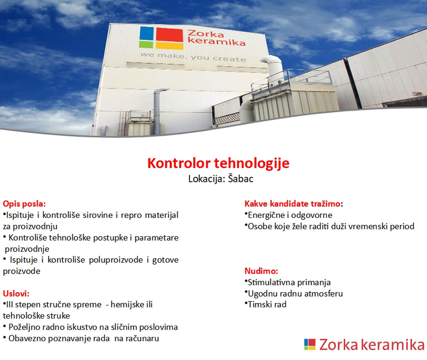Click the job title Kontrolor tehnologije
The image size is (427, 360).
(x=218, y=163)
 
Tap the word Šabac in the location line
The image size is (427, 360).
(x=241, y=179)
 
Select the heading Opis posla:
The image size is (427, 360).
(x=24, y=204)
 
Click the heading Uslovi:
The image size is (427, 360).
(x=16, y=293)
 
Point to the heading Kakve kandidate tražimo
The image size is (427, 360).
(x=293, y=204)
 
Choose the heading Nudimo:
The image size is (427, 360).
(x=261, y=271)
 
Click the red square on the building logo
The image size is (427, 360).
(x=170, y=35)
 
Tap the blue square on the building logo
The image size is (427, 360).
(x=147, y=33)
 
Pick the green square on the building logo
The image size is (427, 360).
(x=146, y=44)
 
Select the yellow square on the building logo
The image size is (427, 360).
(x=170, y=46)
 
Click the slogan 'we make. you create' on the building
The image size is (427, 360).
(x=193, y=57)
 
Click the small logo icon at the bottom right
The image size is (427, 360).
(x=310, y=344)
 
